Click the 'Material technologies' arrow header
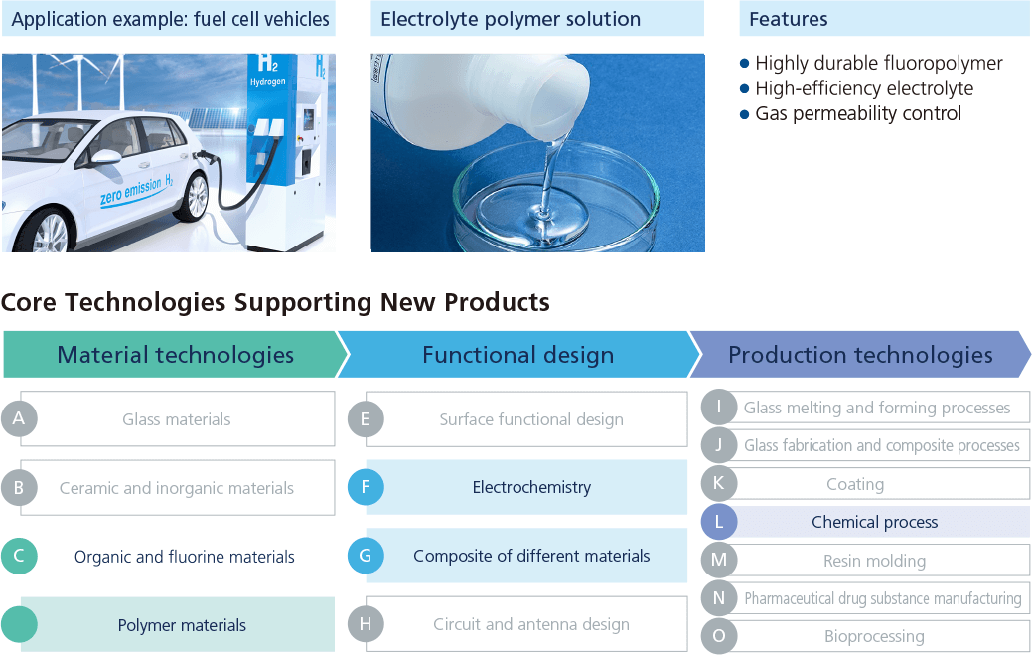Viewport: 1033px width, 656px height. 175,355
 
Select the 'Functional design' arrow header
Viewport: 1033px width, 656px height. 517,355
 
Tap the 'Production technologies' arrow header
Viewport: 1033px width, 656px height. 860,355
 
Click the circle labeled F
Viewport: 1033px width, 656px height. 366,487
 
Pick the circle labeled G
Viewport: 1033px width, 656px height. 366,556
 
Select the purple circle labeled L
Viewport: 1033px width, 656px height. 719,522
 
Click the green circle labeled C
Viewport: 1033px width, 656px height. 19,556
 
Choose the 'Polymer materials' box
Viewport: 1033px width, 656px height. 178,624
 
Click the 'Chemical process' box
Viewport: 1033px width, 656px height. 874,522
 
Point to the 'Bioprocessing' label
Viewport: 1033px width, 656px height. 874,636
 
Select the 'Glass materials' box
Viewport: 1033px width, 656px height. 178,418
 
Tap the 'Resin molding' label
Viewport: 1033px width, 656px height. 874,561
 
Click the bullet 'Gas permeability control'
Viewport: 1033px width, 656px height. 850,114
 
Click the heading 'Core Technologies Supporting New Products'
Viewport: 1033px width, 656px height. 275,302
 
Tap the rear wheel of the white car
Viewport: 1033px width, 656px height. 195,196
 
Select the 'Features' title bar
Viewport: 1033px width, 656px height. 884,19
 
